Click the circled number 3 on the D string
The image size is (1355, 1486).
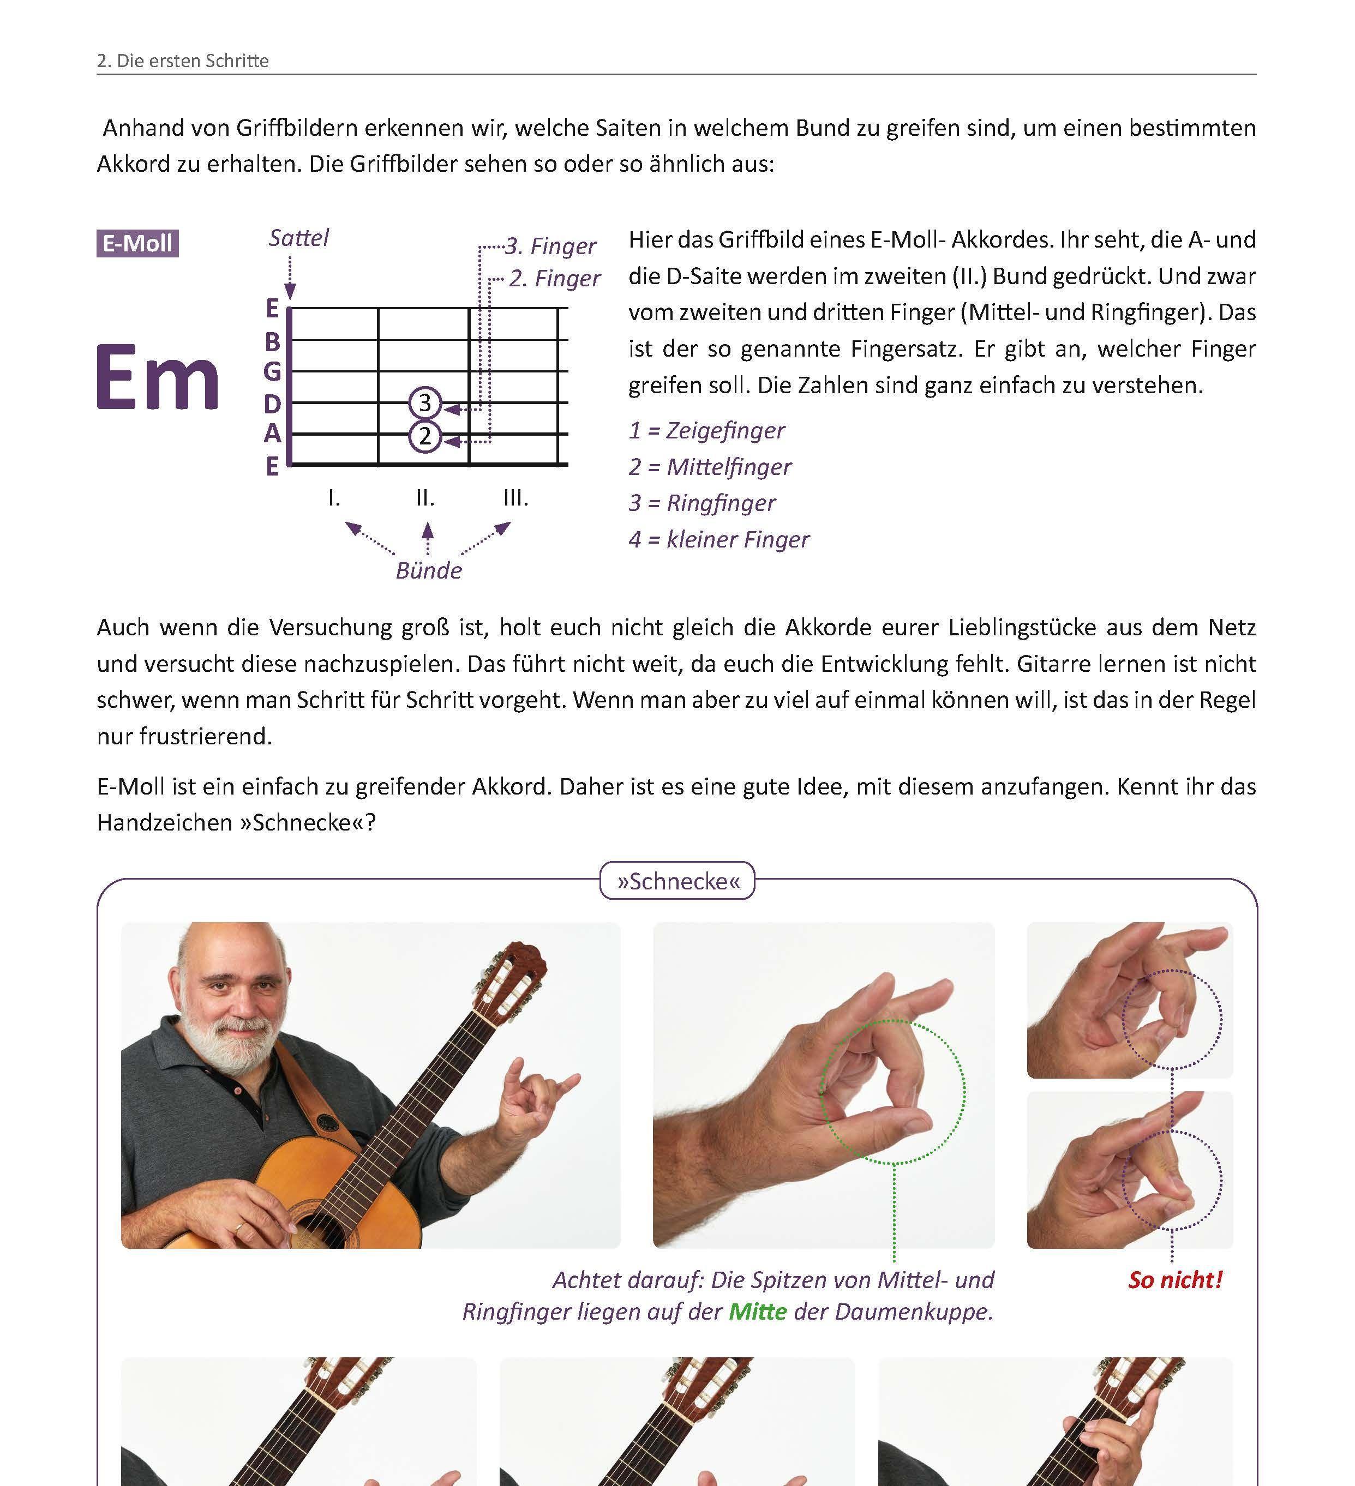coord(424,402)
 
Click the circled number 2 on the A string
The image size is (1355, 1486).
coord(424,436)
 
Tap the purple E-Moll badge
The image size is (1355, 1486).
coord(138,243)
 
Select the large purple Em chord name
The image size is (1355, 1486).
coord(158,377)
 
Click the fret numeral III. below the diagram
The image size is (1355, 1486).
coord(515,498)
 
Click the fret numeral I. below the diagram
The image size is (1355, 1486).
coord(334,498)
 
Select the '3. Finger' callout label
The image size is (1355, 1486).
coord(550,245)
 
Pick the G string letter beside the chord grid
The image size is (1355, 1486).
coord(272,371)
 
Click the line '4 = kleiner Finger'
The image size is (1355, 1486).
coord(719,539)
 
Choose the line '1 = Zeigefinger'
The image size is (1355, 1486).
coord(706,430)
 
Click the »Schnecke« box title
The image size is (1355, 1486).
coord(677,881)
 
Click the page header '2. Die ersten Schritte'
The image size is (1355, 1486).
coord(183,61)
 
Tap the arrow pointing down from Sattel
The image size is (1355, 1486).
coord(290,278)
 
